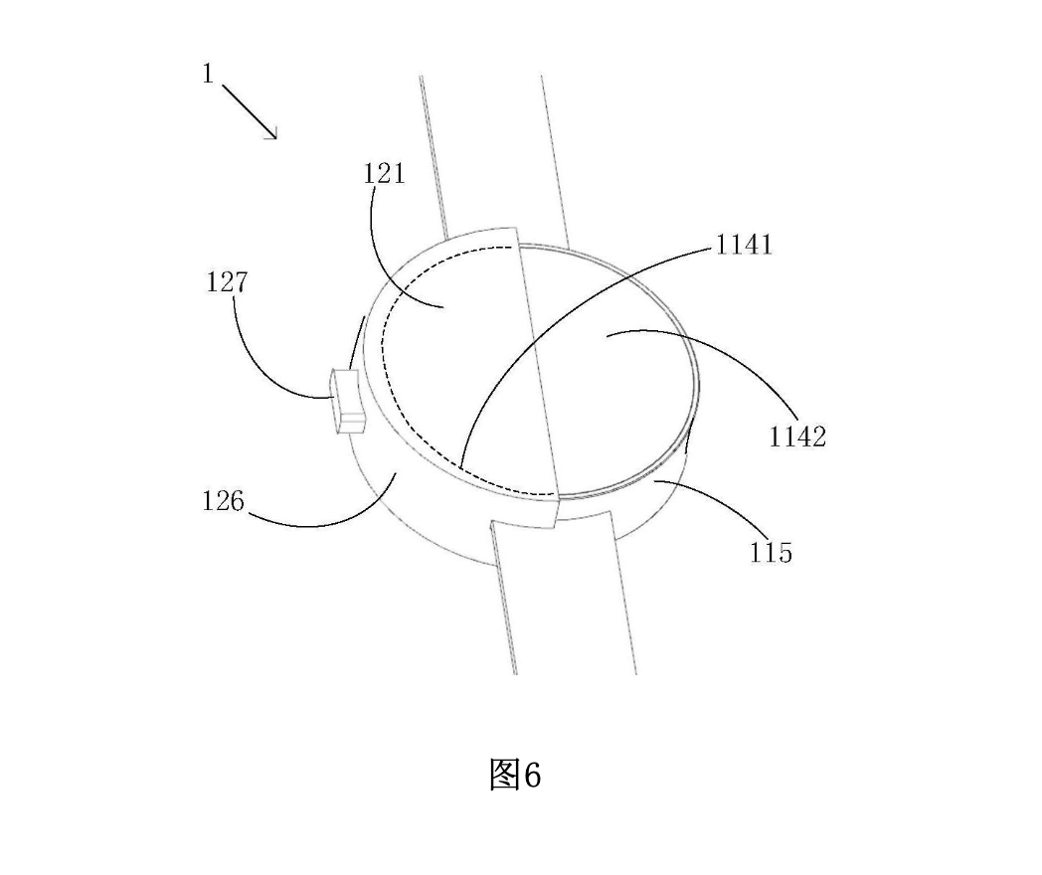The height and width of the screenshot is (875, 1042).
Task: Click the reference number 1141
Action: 744,246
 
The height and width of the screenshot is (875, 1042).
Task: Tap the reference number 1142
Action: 797,437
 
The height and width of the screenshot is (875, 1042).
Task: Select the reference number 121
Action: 384,173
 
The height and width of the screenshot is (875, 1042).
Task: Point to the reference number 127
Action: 227,282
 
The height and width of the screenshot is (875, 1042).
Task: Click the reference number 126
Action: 224,500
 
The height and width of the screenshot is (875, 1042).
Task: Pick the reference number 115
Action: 771,552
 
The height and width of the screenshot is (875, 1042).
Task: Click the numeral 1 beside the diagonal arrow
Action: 208,74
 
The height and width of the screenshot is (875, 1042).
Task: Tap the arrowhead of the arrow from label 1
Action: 271,133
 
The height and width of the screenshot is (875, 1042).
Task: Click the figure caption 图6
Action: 515,774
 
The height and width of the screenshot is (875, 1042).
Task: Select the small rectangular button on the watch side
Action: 348,402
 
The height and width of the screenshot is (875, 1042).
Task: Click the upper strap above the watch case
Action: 496,159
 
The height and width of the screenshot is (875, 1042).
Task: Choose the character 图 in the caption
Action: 504,775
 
